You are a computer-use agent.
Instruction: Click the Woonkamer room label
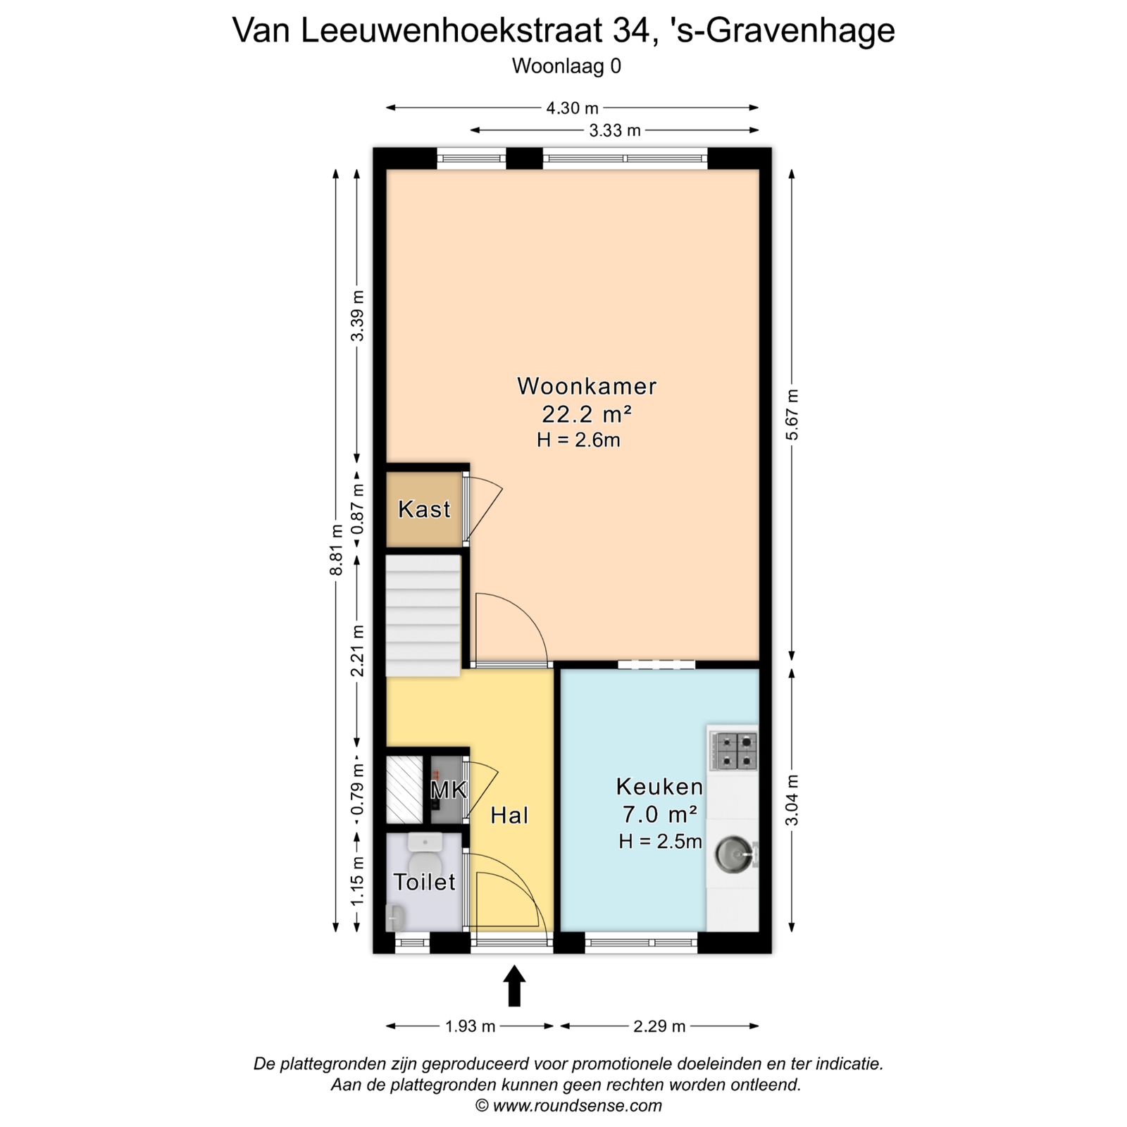pyautogui.click(x=587, y=386)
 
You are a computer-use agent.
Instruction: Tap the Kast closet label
pyautogui.click(x=424, y=509)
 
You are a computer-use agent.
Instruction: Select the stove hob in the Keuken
pyautogui.click(x=733, y=751)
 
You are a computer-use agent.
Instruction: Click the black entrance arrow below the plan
pyautogui.click(x=514, y=985)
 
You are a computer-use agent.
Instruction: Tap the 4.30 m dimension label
pyautogui.click(x=572, y=108)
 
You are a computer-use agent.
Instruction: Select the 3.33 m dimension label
pyautogui.click(x=615, y=130)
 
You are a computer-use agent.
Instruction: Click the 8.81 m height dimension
pyautogui.click(x=337, y=549)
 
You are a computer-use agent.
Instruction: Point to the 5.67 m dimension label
pyautogui.click(x=792, y=414)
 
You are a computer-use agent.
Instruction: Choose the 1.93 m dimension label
pyautogui.click(x=471, y=1026)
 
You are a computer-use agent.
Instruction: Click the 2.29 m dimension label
pyautogui.click(x=659, y=1026)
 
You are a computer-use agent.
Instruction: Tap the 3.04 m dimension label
pyautogui.click(x=792, y=799)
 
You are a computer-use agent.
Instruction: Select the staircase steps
pyautogui.click(x=423, y=616)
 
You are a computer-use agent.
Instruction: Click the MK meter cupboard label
pyautogui.click(x=449, y=790)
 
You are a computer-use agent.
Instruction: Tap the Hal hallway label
pyautogui.click(x=509, y=815)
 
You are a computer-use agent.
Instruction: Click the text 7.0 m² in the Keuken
pyautogui.click(x=659, y=814)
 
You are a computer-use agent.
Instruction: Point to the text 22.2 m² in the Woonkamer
pyautogui.click(x=586, y=413)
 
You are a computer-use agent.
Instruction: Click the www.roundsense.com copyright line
pyautogui.click(x=569, y=1105)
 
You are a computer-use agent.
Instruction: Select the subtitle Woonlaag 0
pyautogui.click(x=566, y=66)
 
